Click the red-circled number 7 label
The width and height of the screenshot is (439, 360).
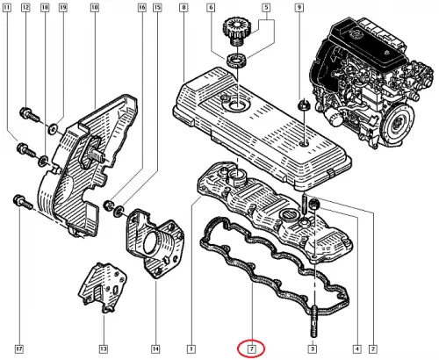(252, 349)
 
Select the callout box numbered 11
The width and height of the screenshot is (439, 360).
(7, 8)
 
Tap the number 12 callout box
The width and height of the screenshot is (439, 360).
(25, 8)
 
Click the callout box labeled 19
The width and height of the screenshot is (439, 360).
(63, 8)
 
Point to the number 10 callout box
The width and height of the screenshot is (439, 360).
(94, 8)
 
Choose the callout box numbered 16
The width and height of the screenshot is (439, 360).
(142, 8)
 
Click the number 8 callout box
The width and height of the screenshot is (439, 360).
(184, 8)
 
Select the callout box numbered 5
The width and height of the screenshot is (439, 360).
(266, 8)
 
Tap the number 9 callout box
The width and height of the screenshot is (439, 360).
(299, 8)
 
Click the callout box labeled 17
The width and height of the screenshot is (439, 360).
(19, 349)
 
